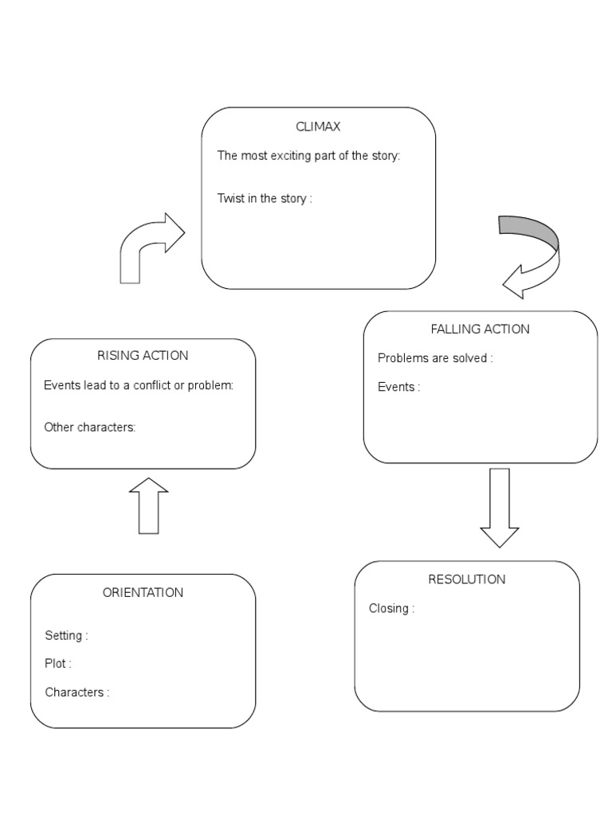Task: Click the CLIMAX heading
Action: coord(318,127)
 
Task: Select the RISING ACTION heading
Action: coord(143,355)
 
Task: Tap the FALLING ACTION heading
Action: coord(480,329)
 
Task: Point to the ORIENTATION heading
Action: coord(143,592)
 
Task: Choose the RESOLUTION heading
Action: coord(466,579)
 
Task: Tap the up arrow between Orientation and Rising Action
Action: coord(148,506)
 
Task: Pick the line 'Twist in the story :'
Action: coord(265,198)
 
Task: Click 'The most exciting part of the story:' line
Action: coord(308,155)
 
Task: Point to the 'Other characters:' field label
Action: coord(90,427)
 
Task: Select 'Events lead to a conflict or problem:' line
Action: coord(139,386)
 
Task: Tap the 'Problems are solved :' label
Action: coord(435,358)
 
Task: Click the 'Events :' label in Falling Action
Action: coord(398,387)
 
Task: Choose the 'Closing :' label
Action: coord(391,609)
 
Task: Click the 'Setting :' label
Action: coord(66,635)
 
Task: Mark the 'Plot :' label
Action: coord(58,664)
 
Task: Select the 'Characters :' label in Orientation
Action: coord(77,692)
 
